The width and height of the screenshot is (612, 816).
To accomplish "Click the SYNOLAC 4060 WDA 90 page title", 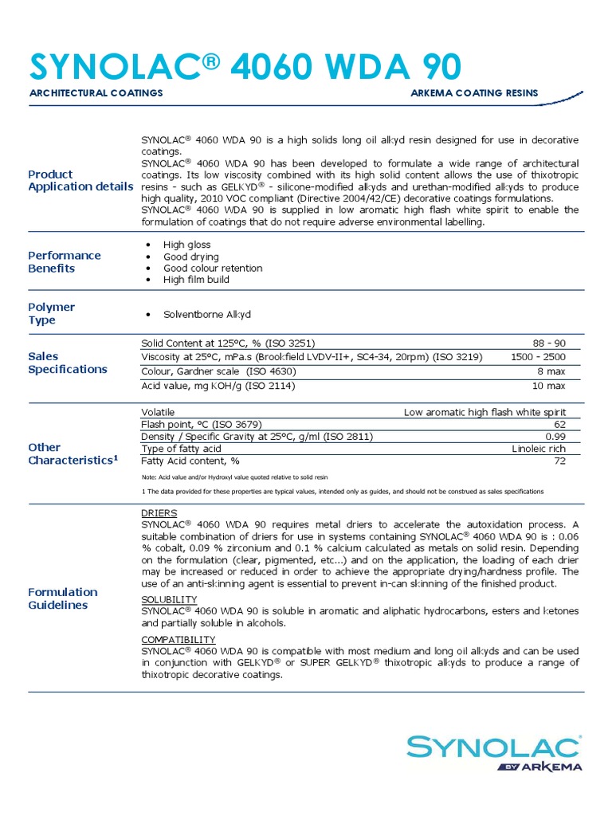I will pyautogui.click(x=245, y=67).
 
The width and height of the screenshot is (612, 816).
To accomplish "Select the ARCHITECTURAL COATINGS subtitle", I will pyautogui.click(x=96, y=93).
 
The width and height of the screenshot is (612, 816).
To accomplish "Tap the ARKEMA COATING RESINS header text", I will pyautogui.click(x=474, y=93).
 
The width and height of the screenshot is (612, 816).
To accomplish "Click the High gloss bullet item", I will pyautogui.click(x=187, y=245).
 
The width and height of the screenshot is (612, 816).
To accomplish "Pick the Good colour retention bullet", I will pyautogui.click(x=213, y=269).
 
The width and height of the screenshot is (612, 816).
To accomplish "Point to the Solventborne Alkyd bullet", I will pyautogui.click(x=207, y=315).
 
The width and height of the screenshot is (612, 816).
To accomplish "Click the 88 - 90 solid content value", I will pyautogui.click(x=549, y=343).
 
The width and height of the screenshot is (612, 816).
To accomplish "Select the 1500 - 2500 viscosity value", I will pyautogui.click(x=538, y=357).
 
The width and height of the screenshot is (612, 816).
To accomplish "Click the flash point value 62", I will pyautogui.click(x=559, y=424).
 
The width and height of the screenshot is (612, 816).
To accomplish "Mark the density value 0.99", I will pyautogui.click(x=555, y=437).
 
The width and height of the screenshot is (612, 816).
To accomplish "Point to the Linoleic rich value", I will pyautogui.click(x=539, y=449).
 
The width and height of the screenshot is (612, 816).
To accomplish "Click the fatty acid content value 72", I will pyautogui.click(x=559, y=461).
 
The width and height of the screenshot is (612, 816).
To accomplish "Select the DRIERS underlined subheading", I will pyautogui.click(x=159, y=513).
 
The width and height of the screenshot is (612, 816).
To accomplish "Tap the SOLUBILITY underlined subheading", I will pyautogui.click(x=168, y=599).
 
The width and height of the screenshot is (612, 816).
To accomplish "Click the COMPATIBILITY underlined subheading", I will pyautogui.click(x=178, y=640).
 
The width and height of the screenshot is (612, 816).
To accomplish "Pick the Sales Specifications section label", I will pyautogui.click(x=68, y=363).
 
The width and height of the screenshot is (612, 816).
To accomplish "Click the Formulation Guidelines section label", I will pyautogui.click(x=63, y=598).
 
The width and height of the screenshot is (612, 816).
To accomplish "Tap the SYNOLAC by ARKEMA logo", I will pyautogui.click(x=494, y=753).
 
